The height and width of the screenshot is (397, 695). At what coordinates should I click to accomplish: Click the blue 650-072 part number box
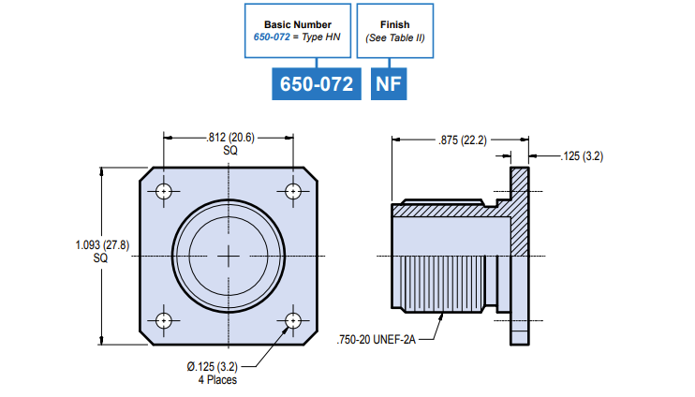[x=318, y=84]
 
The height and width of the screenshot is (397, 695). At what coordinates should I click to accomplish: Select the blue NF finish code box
[x=389, y=84]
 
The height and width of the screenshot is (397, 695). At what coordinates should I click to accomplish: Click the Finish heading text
[x=395, y=24]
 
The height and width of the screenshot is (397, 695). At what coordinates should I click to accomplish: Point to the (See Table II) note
[x=395, y=37]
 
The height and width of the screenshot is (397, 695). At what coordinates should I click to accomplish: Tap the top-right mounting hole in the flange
[x=294, y=192]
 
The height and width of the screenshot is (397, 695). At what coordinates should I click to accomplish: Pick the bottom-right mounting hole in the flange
[x=294, y=320]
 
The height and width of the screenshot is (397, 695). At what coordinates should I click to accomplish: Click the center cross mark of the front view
[x=229, y=256]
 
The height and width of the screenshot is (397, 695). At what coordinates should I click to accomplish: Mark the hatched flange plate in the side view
[x=520, y=253]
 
